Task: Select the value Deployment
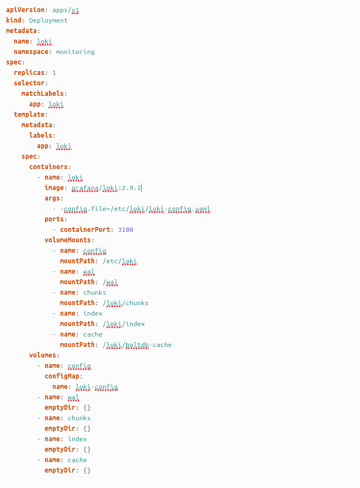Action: pyautogui.click(x=49, y=20)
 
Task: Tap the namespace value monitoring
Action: pyautogui.click(x=75, y=52)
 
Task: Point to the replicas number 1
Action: pyautogui.click(x=54, y=73)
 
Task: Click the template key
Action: pyautogui.click(x=30, y=115)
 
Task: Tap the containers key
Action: pyautogui.click(x=49, y=167)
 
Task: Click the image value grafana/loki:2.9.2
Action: pyautogui.click(x=106, y=188)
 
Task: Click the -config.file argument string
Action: pyautogui.click(x=135, y=209)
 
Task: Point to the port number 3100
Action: pyautogui.click(x=125, y=230)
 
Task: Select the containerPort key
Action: pyautogui.click(x=85, y=230)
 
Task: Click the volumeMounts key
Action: pyautogui.click(x=68, y=240)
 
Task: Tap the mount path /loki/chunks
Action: pyautogui.click(x=125, y=303)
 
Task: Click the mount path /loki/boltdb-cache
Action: pyautogui.click(x=137, y=345)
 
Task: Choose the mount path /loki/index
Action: pyautogui.click(x=123, y=324)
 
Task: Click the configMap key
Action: pyautogui.click(x=62, y=376)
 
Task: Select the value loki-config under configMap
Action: pyautogui.click(x=96, y=387)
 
